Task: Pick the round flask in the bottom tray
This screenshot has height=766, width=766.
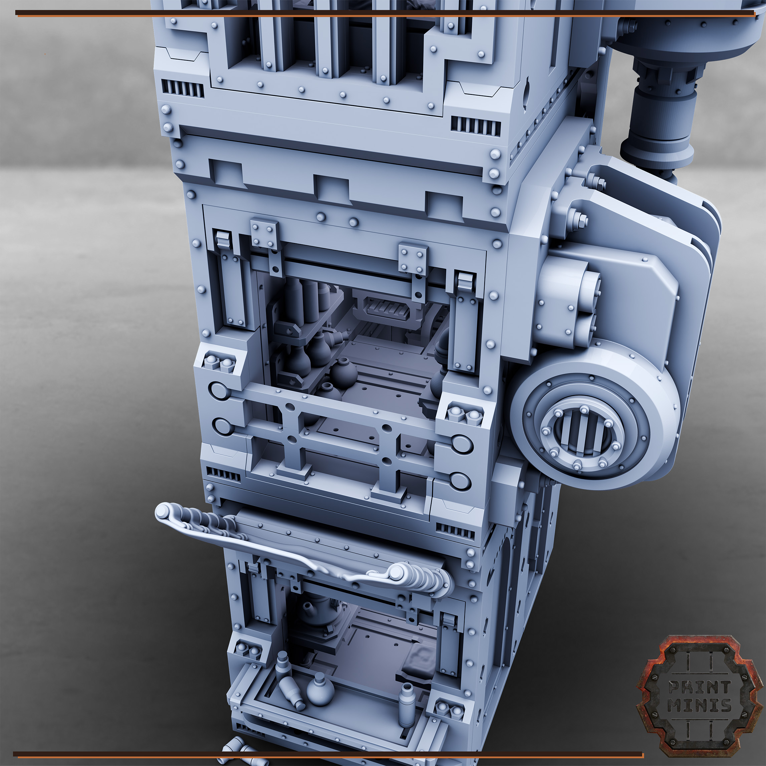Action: (320, 690)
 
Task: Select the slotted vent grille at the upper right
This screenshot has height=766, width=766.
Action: (475, 126)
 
